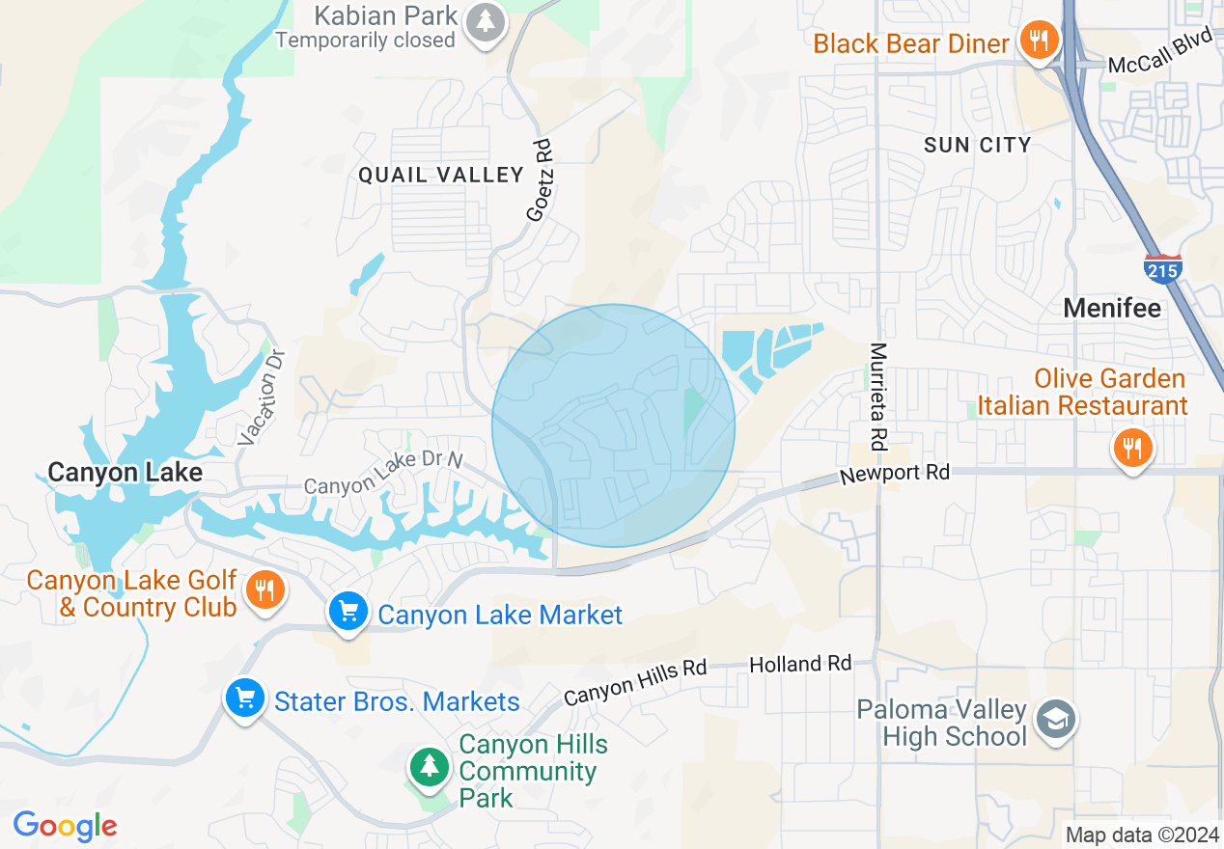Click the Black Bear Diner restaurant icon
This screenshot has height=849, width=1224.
[x=1038, y=41]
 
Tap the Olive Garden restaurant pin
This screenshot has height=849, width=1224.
[x=1133, y=448]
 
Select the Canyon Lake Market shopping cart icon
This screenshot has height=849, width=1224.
[x=348, y=612]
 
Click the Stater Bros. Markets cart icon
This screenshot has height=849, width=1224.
[x=244, y=698]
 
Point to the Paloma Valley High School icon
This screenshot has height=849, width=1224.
[x=1056, y=720]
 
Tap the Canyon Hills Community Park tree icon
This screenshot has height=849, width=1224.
[x=429, y=767]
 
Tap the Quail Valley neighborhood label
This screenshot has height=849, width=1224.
[x=440, y=175]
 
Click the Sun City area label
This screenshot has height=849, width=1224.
[x=977, y=145]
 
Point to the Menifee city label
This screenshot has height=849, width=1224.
[x=1112, y=308]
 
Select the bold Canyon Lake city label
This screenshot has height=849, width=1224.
[x=125, y=472]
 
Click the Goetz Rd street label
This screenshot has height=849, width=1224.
[x=542, y=180]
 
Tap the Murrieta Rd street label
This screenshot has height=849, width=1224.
[x=877, y=397]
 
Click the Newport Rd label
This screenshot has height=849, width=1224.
[x=894, y=474]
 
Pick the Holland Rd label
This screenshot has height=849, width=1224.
[x=800, y=664]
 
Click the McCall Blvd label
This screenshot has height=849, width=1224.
[x=1158, y=56]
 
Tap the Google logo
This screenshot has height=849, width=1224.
[x=65, y=826]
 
